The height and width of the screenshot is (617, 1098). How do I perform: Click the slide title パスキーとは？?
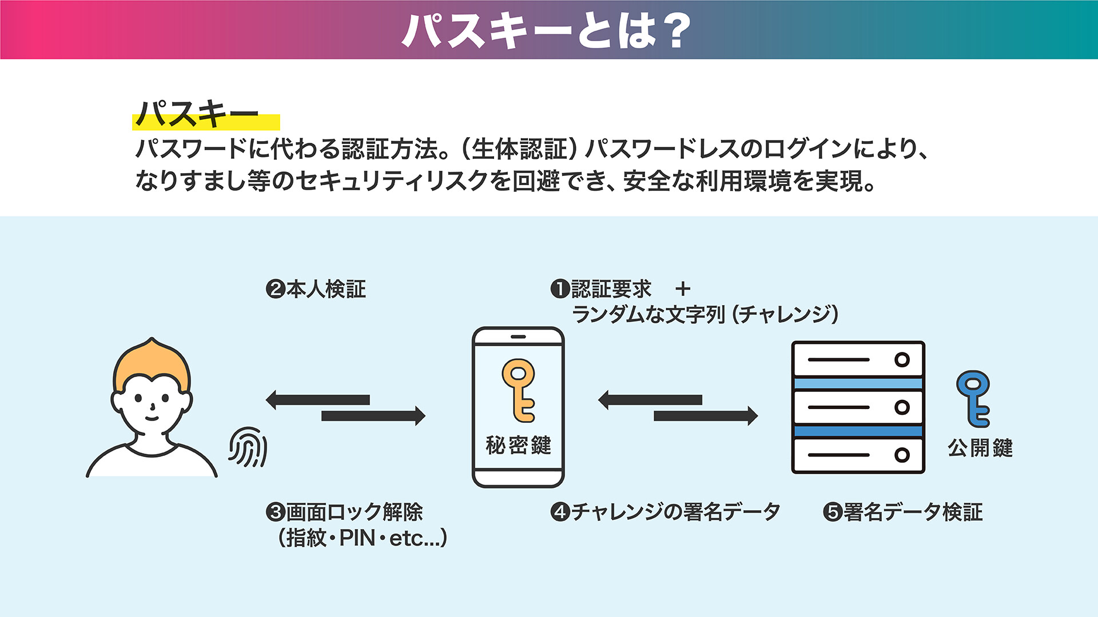coord(547,30)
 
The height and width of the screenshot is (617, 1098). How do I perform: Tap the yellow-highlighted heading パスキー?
coord(198,114)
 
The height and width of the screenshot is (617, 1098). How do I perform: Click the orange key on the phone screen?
coord(519,390)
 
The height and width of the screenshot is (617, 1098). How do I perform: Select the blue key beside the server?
coord(973,399)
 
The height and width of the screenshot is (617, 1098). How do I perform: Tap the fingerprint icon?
coord(248,447)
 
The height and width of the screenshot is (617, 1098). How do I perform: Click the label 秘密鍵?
coord(518,445)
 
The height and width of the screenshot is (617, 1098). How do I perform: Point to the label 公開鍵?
coord(980,448)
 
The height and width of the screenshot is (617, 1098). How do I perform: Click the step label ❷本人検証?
coord(316,289)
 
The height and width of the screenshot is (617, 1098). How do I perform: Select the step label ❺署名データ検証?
coord(903,512)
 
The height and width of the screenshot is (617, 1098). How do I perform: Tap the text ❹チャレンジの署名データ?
coord(665,512)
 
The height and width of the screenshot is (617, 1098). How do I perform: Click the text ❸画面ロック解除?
coord(344,512)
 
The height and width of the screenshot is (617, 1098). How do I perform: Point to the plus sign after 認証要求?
coord(683,289)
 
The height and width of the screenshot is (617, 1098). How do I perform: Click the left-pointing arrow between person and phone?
coord(318,400)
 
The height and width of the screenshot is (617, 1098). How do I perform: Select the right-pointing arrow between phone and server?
coord(706,416)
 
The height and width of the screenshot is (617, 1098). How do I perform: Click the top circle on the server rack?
coord(902,360)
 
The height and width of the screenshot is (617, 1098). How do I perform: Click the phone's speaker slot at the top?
coord(518,337)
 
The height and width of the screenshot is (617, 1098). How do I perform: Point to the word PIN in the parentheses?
coord(357,538)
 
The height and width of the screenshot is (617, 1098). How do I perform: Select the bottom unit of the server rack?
coord(858,455)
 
